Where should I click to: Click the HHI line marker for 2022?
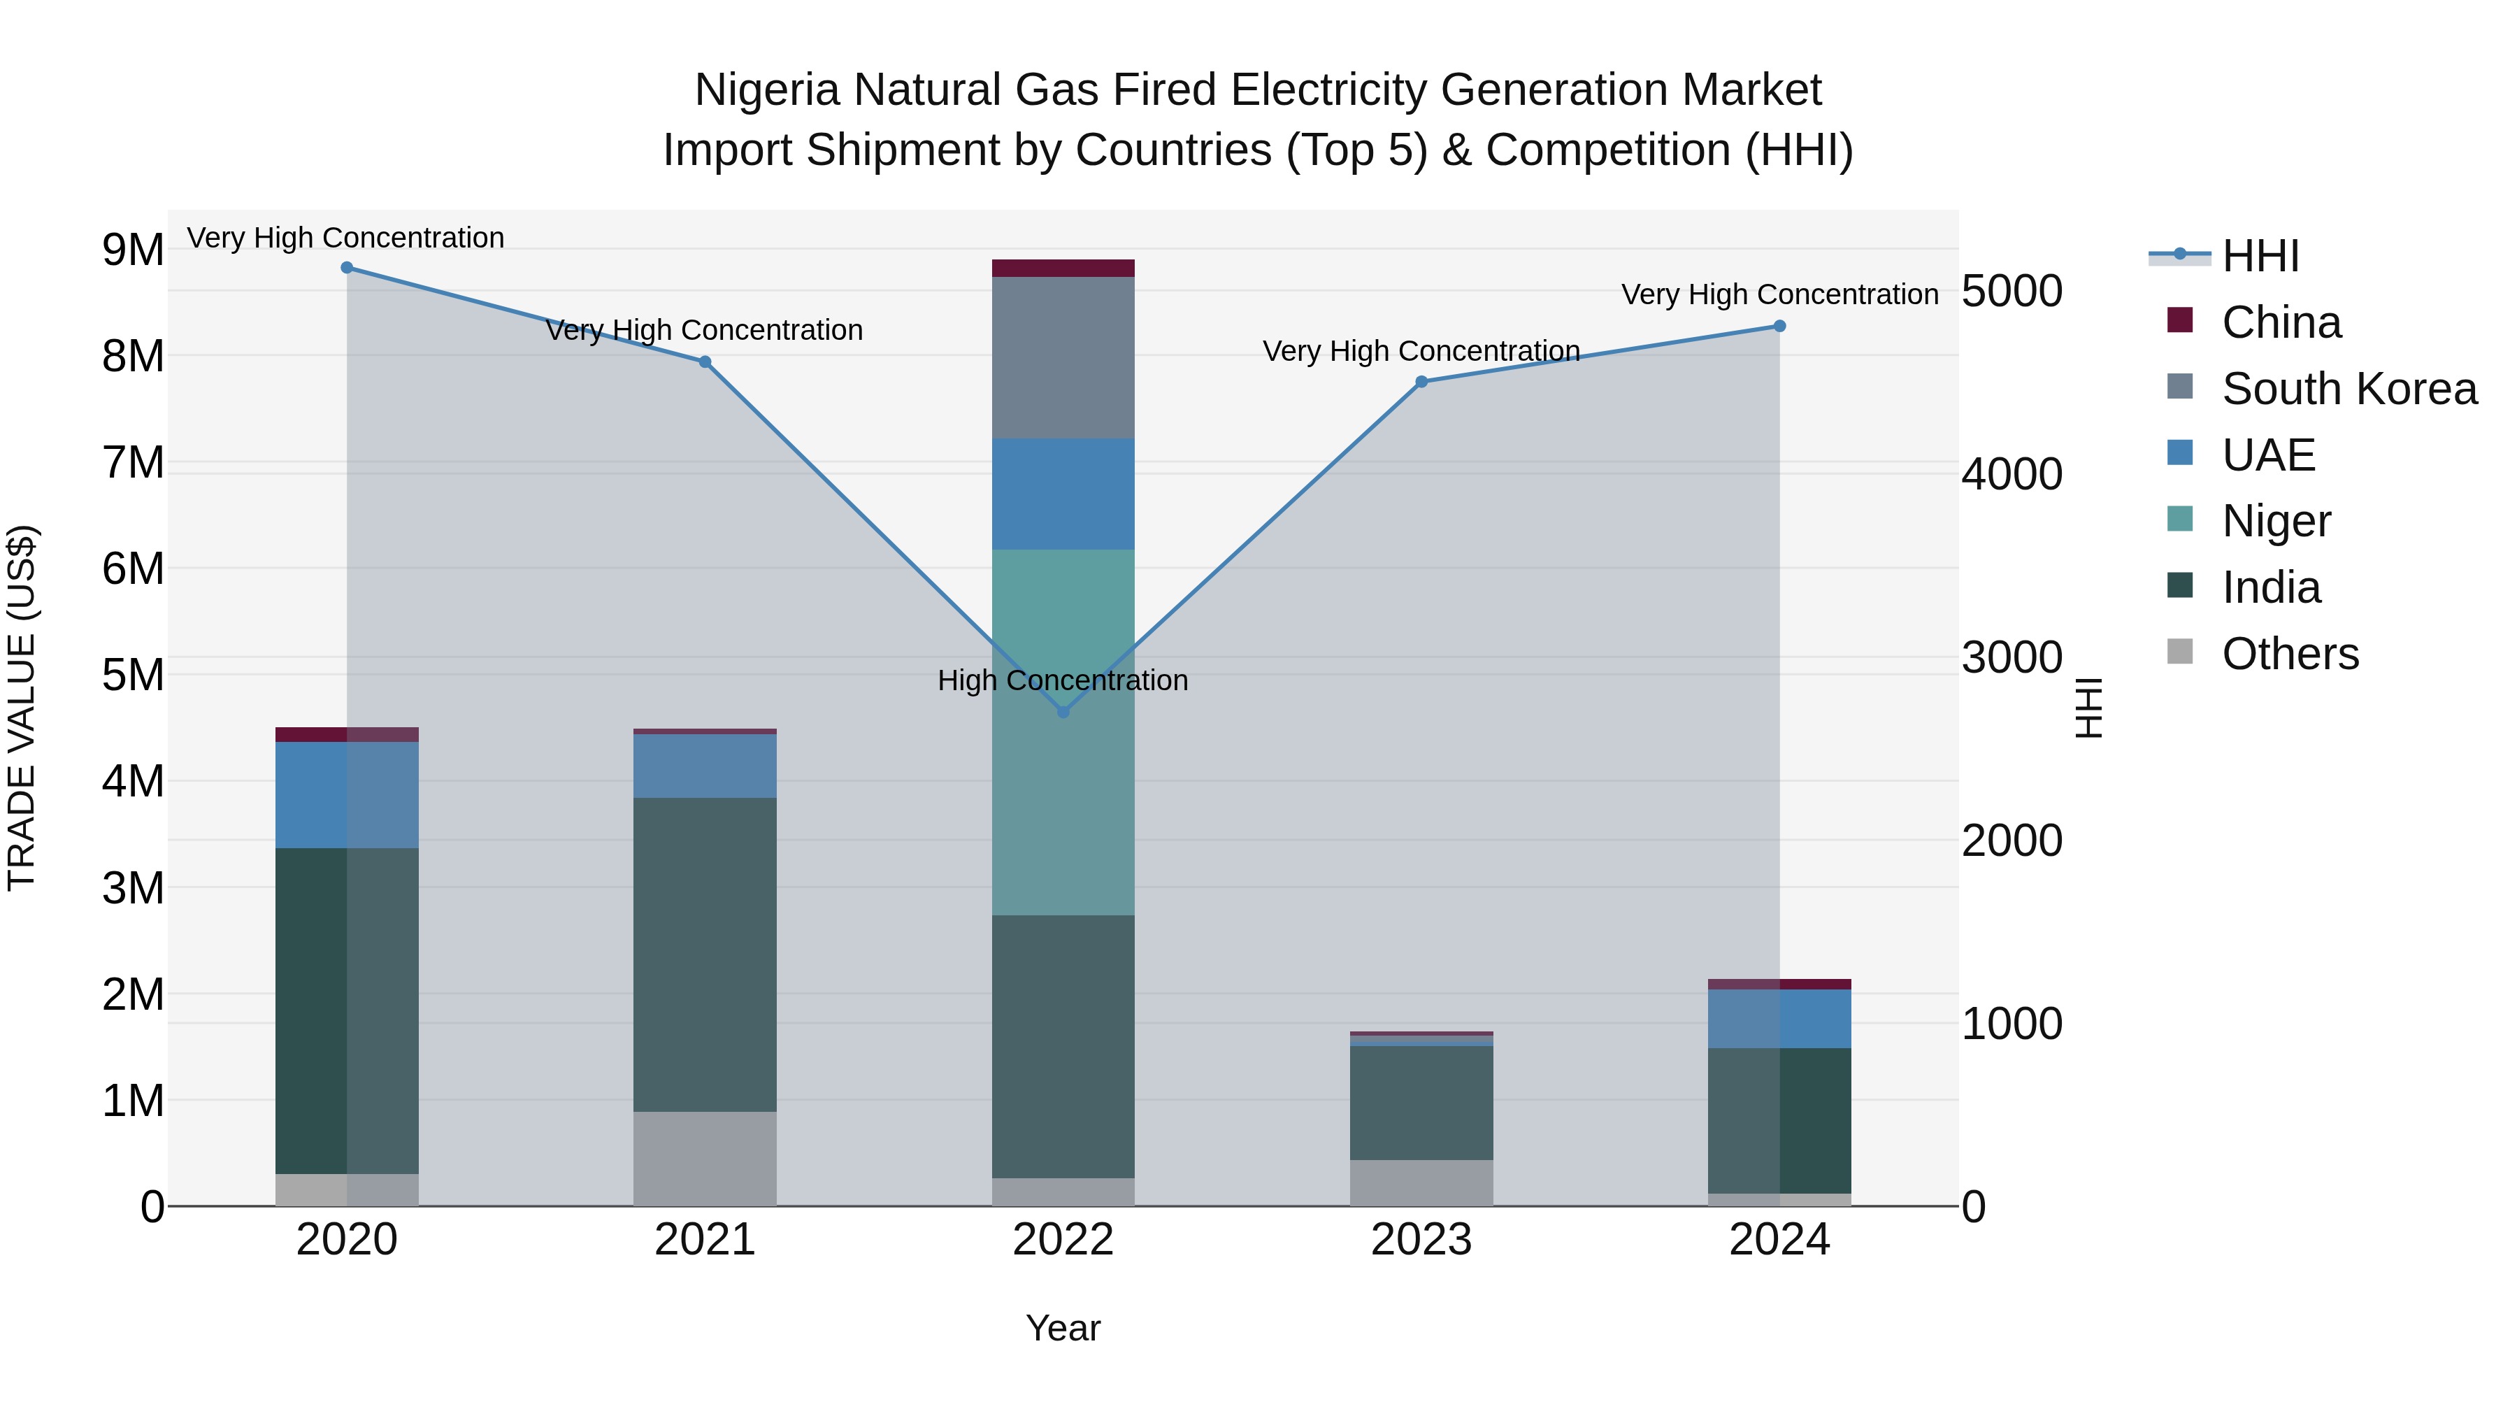(1063, 711)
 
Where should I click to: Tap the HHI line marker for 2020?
(347, 268)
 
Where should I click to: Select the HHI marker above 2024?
(1779, 327)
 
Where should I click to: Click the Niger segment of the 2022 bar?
(1063, 733)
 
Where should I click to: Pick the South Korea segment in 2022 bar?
(1063, 357)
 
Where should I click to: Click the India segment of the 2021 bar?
(705, 954)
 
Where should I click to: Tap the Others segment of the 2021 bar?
(705, 1158)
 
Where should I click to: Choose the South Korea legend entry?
(2349, 389)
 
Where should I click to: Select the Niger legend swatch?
(2180, 519)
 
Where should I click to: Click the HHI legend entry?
(2259, 256)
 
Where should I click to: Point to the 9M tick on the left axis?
(134, 250)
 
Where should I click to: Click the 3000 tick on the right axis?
(2012, 658)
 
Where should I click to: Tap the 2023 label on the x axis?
(1421, 1240)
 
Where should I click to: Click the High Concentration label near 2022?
(1062, 680)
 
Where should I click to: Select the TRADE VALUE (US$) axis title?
(22, 708)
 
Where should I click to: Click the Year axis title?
(1062, 1328)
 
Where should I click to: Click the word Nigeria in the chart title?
(767, 90)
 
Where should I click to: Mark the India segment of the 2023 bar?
(1421, 1103)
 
